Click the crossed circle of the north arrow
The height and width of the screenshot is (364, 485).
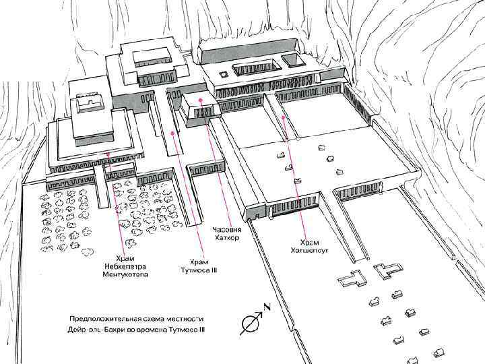click(249, 324)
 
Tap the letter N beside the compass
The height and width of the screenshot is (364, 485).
click(267, 307)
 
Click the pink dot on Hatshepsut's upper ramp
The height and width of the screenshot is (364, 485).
click(284, 117)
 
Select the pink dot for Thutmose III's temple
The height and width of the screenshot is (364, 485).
click(174, 134)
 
